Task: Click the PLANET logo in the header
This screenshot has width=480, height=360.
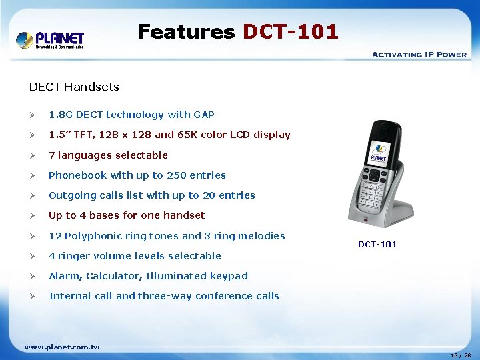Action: (50, 39)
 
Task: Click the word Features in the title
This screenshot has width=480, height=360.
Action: (186, 31)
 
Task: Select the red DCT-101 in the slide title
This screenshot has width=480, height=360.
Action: (290, 31)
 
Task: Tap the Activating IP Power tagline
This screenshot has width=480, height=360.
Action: (419, 54)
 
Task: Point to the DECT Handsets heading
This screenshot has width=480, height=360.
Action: (74, 87)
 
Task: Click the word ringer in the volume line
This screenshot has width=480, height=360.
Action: (73, 256)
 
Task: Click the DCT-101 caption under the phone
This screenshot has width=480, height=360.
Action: (377, 245)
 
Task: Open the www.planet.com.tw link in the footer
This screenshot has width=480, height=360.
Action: (62, 347)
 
